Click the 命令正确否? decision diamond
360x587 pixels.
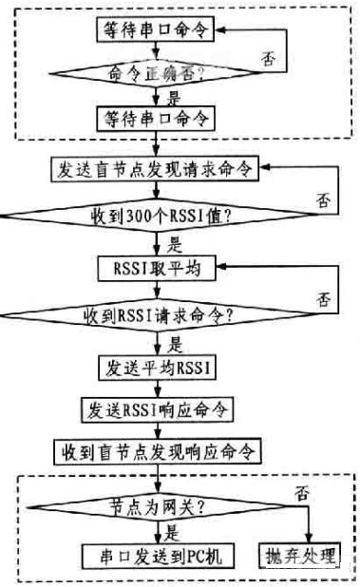click(x=157, y=70)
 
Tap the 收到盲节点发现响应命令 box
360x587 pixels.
click(x=156, y=447)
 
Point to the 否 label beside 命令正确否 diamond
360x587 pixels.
click(x=270, y=59)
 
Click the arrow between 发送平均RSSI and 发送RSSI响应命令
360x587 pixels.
click(x=155, y=388)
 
